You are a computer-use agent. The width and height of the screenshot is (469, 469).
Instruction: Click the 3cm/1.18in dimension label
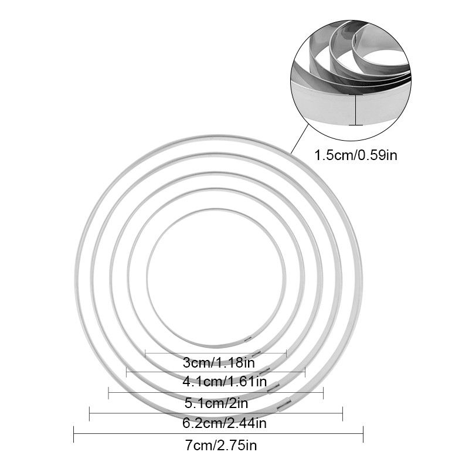point(219,363)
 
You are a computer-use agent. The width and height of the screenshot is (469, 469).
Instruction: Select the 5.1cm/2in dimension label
point(216,403)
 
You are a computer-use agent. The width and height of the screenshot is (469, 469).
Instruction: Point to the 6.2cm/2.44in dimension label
point(225,423)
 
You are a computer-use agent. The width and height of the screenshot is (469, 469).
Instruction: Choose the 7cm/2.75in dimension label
point(221,446)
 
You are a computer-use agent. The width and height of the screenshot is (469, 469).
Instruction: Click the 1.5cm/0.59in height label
point(356,155)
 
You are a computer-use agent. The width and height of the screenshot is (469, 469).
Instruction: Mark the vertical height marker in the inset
point(356,110)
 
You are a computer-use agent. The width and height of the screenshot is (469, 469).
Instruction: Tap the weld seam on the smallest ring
point(248,339)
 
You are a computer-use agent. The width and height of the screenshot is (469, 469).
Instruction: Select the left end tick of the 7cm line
point(74,434)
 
